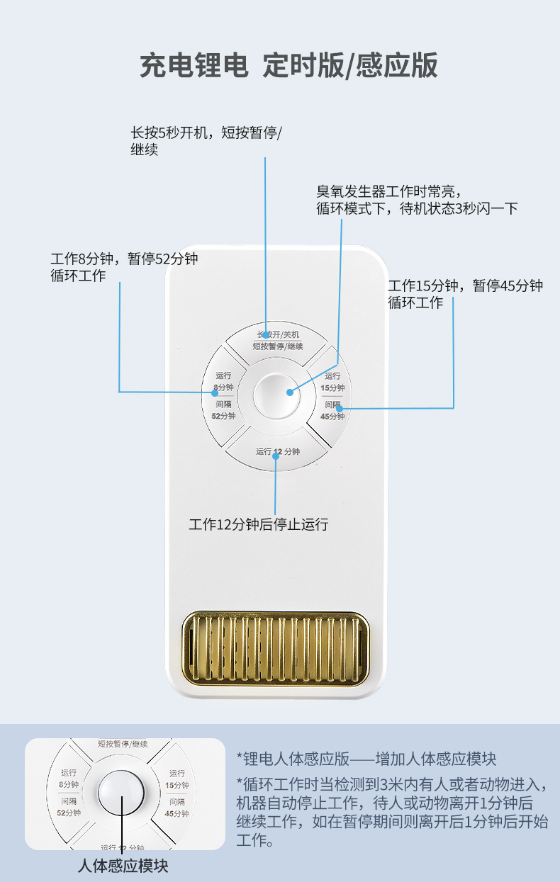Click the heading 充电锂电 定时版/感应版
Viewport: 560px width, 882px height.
[289, 65]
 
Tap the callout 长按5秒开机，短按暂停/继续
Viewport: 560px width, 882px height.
[206, 141]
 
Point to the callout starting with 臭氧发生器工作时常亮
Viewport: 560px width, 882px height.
[417, 200]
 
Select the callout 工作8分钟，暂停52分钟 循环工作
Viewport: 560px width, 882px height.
[124, 267]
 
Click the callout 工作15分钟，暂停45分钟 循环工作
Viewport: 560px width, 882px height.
[465, 294]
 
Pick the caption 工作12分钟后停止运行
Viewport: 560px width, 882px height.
[259, 524]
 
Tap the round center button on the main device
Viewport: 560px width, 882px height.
[276, 394]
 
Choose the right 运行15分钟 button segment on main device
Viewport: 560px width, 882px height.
[331, 386]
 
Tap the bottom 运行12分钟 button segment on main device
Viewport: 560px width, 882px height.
[277, 453]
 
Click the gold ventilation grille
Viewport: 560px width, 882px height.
[276, 649]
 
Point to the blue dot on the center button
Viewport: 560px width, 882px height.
[290, 392]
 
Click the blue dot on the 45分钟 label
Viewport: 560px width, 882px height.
[340, 408]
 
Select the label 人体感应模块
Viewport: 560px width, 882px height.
[123, 866]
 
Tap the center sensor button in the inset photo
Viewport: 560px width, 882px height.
[121, 791]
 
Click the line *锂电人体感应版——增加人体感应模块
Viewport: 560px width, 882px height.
[366, 759]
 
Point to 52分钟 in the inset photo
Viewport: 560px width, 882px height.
[69, 813]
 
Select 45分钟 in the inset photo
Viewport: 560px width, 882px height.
[177, 813]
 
